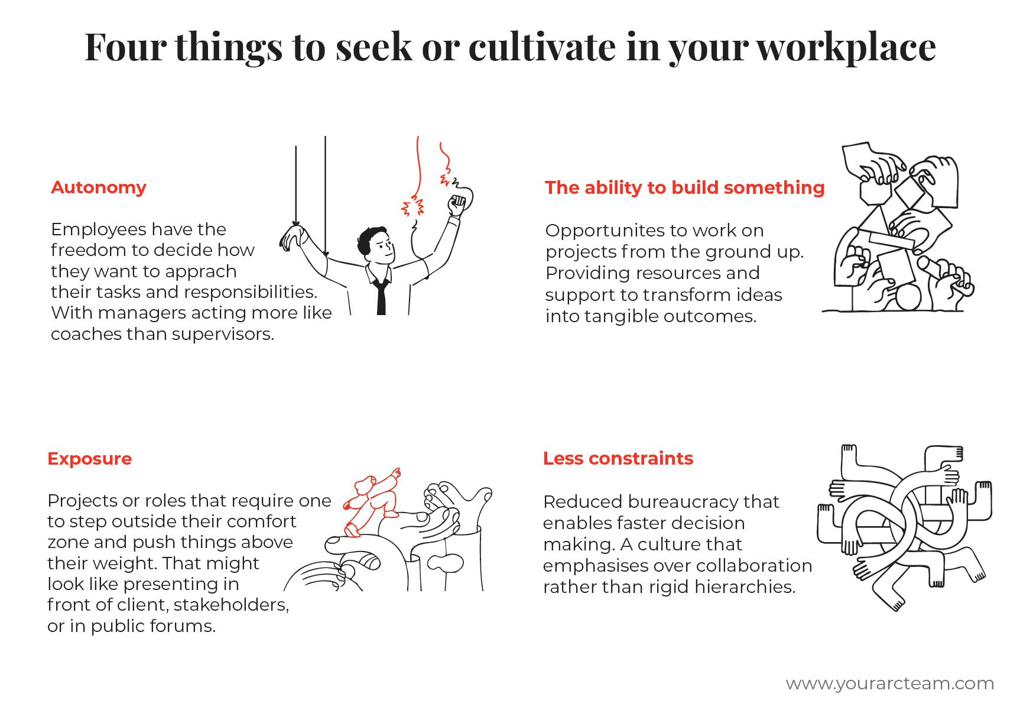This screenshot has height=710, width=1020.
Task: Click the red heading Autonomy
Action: point(99,187)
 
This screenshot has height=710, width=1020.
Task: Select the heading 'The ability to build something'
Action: point(684,188)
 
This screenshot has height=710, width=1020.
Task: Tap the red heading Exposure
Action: point(89,459)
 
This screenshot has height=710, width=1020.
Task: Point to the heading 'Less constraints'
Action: point(618,458)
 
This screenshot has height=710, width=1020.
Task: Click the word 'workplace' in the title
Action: point(847,47)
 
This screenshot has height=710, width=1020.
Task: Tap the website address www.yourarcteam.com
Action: point(890,683)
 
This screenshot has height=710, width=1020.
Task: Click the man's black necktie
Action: point(381,296)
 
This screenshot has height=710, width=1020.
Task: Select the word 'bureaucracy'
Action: point(680,502)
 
